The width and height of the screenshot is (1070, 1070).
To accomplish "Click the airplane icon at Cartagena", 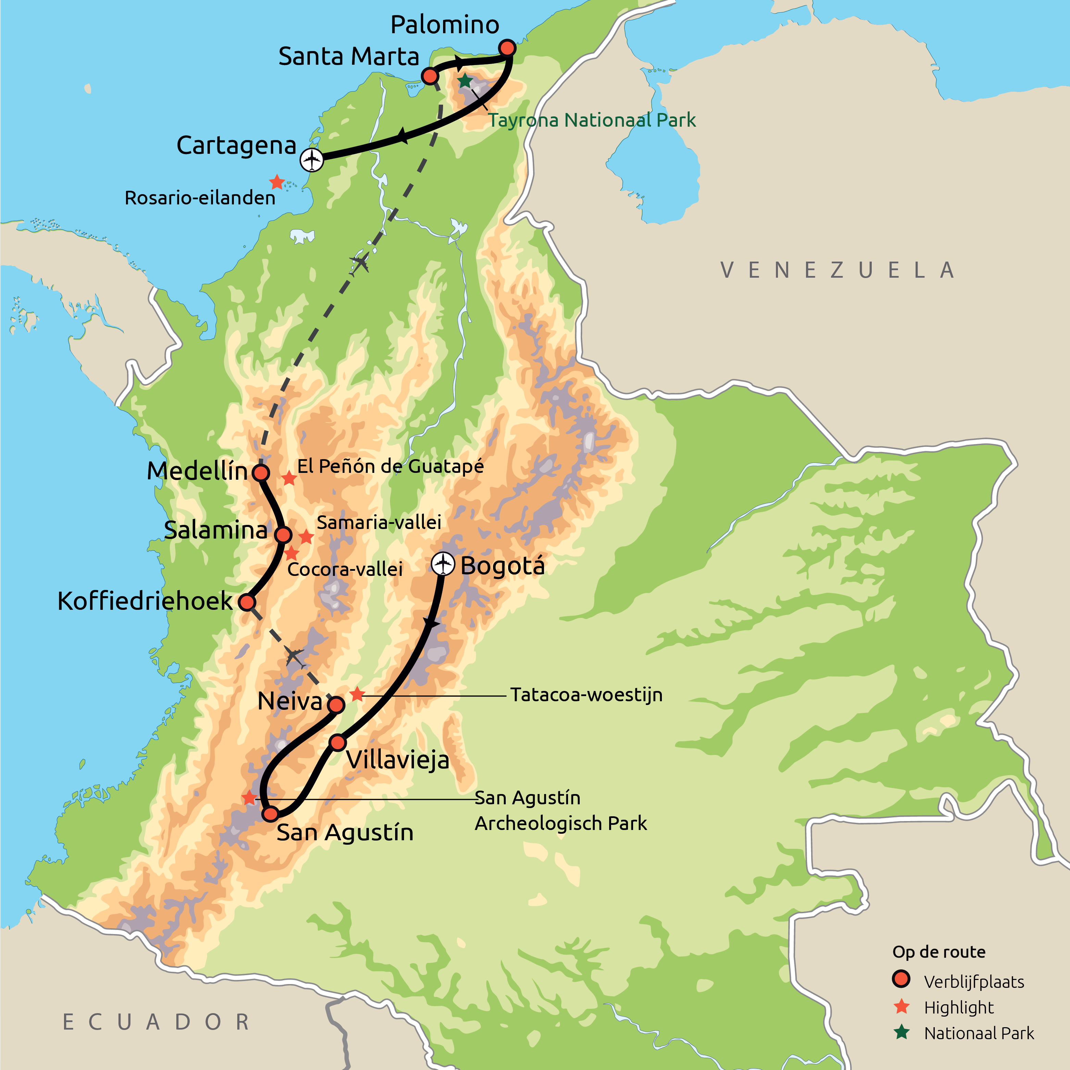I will coord(312,160).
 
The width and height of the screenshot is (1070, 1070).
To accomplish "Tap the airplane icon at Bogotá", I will coord(442,564).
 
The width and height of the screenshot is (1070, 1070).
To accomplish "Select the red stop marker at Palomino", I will coord(507,48).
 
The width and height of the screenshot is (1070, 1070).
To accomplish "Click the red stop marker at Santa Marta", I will coord(430,76).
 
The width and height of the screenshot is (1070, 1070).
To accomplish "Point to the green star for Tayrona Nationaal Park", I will coord(465,81).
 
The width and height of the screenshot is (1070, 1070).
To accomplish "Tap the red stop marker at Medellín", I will coord(261,473).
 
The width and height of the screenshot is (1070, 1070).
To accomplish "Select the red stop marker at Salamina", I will coord(283,535).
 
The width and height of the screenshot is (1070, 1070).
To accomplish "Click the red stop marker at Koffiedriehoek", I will coord(247,602).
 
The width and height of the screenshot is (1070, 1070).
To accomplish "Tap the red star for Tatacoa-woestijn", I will coord(357,694).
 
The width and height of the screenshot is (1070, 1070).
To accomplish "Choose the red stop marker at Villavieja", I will coord(338,743).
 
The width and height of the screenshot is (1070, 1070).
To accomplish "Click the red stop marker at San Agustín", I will coord(270,814).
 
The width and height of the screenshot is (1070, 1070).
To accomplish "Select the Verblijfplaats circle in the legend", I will coord(901,979).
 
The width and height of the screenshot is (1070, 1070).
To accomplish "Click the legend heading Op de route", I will coord(939,952).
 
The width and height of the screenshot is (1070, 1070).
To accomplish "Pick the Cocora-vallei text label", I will coord(345,569).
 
